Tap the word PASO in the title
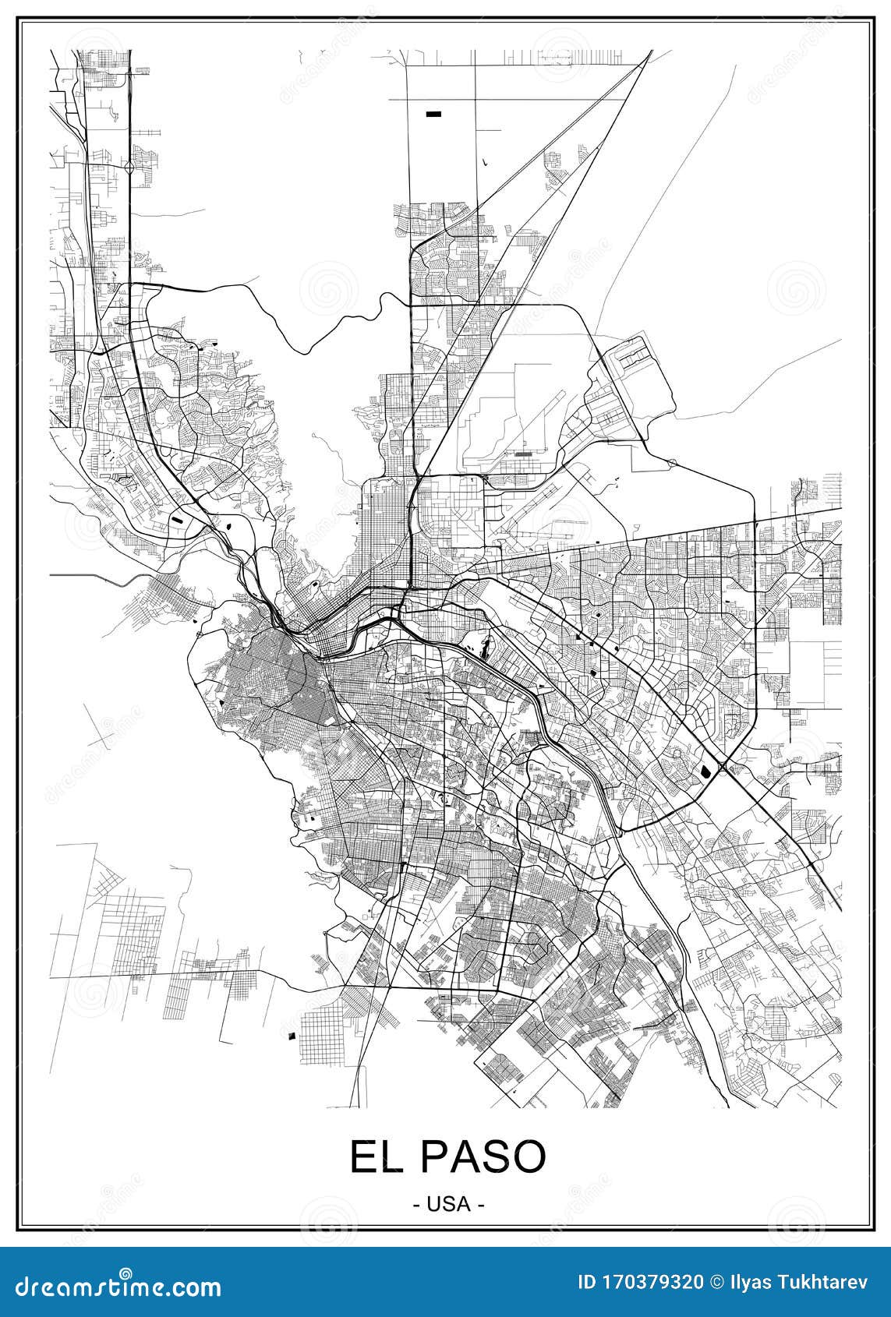[483, 1157]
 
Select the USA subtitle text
[448, 1204]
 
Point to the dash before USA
[415, 1204]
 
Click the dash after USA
[482, 1204]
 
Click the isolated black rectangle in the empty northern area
[433, 114]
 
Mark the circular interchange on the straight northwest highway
[128, 166]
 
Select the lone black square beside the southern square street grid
[292, 1036]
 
